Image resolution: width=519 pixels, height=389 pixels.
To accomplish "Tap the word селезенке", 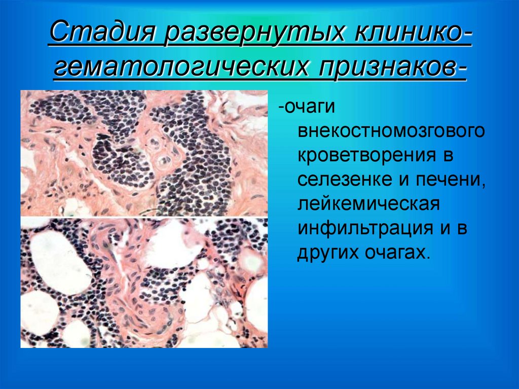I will pos(343,180).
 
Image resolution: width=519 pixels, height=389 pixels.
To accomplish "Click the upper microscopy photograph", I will pos(144,153).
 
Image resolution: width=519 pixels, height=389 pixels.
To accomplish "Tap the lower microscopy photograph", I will pos(144,282).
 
